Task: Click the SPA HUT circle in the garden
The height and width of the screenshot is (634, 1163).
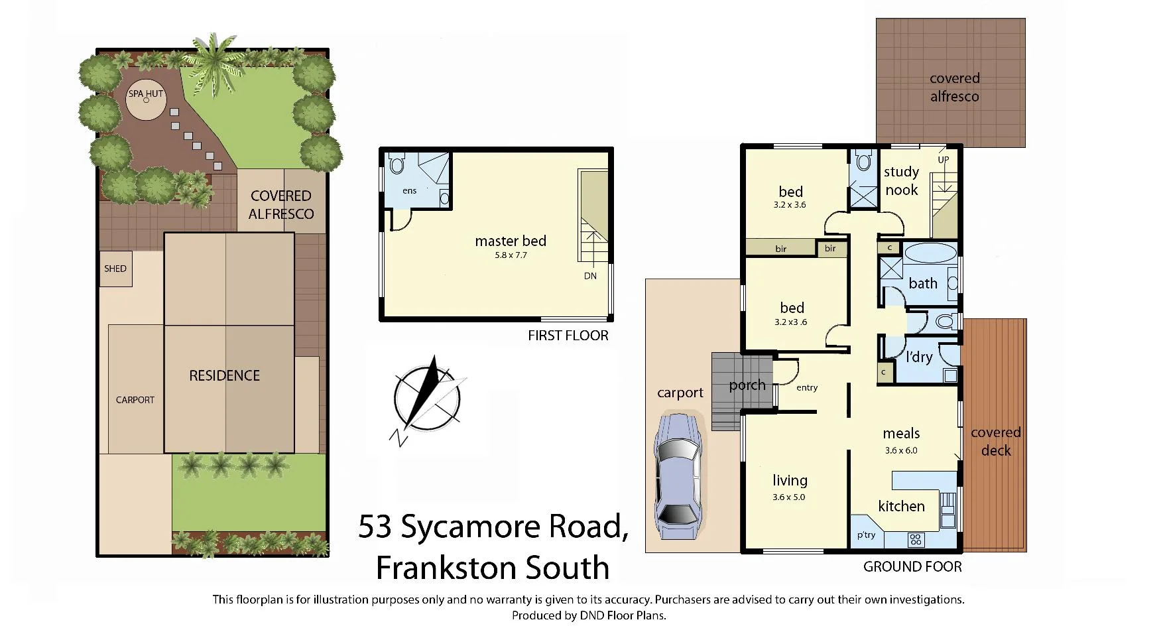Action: pos(146,101)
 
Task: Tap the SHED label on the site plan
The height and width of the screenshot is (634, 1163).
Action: pos(115,269)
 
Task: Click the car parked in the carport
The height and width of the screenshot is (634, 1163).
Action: pos(677,475)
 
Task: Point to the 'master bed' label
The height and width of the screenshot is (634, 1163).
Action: pos(511,241)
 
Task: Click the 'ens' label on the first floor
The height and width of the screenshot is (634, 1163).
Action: pos(410,191)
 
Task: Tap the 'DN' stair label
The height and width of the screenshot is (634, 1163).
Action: pos(590,276)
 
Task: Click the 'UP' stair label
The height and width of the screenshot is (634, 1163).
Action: pos(943,160)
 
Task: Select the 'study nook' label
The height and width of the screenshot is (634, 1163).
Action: pos(901,181)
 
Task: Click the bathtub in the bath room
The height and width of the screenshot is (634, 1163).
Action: pos(930,253)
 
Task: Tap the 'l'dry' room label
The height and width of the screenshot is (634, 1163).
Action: pos(919,357)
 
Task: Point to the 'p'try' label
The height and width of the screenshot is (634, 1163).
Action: pos(866,535)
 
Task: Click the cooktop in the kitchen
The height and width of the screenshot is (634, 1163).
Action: pos(916,539)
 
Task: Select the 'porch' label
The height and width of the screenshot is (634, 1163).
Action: pos(747,385)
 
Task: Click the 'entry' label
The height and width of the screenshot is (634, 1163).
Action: pos(807,388)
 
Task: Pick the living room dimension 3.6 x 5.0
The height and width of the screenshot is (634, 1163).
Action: pos(789,497)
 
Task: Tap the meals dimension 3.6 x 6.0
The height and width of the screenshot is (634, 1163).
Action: pos(901,450)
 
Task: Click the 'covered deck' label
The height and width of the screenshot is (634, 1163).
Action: pos(995,442)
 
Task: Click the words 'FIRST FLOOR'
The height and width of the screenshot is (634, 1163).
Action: pos(568,336)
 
